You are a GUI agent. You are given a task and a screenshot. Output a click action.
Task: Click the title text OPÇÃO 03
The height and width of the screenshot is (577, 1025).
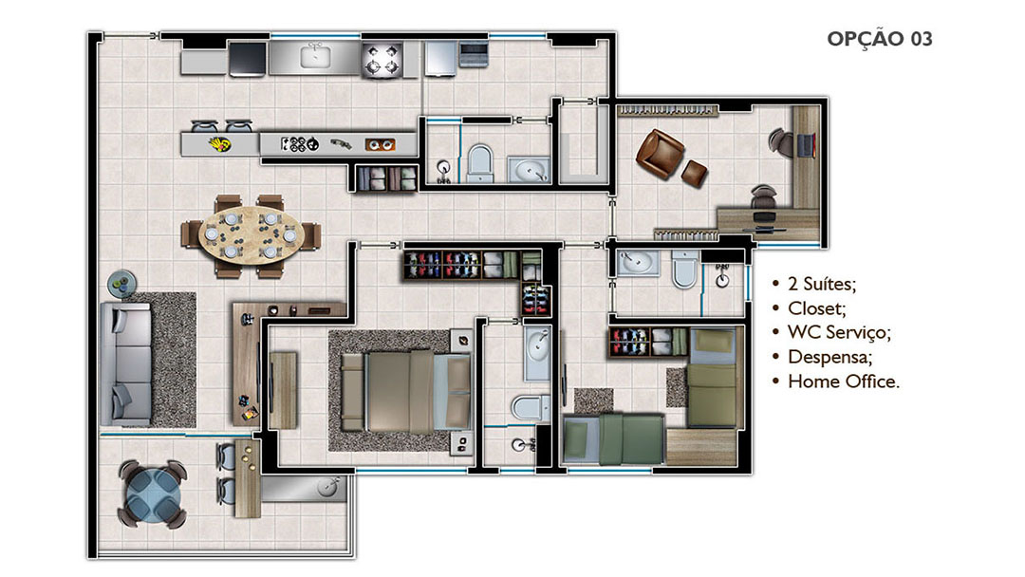click(879, 39)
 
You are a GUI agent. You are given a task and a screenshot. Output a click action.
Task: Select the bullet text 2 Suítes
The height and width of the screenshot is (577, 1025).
click(822, 284)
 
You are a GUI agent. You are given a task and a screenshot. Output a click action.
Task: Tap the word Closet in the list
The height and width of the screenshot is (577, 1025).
click(816, 307)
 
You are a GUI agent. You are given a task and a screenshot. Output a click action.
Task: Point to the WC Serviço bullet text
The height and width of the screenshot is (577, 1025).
click(839, 332)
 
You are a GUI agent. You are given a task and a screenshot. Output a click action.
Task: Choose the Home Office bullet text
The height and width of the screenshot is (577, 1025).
click(844, 381)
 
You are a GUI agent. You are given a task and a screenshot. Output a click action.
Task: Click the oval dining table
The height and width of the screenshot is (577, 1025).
click(251, 235)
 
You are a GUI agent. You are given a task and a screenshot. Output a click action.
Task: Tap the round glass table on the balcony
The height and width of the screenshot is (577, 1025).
click(152, 493)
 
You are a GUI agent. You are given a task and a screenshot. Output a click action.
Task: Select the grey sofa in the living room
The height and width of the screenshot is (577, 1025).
click(126, 364)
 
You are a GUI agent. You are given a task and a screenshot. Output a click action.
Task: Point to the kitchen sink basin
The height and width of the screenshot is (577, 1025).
click(316, 57)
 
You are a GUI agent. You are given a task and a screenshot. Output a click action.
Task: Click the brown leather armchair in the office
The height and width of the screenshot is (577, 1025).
click(661, 154)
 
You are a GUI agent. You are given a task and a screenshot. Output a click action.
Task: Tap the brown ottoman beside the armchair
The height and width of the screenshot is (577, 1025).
click(694, 173)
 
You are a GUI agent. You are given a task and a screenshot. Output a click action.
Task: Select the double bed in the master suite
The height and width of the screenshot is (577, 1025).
click(405, 391)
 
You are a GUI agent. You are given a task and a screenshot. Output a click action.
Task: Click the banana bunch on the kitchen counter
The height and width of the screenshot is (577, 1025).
click(219, 143)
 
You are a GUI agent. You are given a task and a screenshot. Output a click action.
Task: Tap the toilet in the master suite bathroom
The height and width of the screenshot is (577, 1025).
click(531, 407)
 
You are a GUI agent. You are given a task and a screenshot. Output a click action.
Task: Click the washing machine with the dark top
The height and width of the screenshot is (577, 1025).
click(247, 59)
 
